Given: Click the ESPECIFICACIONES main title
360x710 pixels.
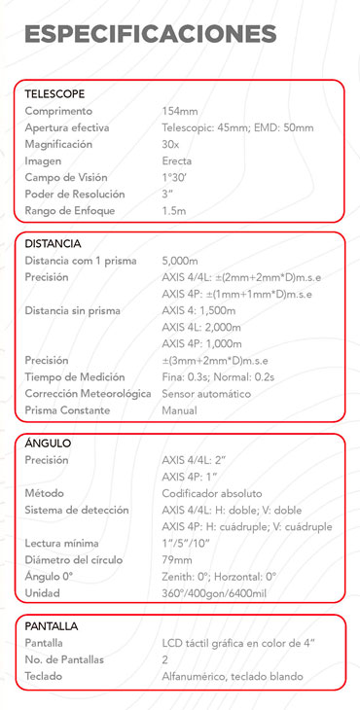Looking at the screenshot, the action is pos(150,34).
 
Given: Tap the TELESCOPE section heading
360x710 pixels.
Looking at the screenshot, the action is pos(54,93).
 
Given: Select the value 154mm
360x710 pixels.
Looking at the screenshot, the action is pos(179,111).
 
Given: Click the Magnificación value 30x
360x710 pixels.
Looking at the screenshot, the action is pos(171,144).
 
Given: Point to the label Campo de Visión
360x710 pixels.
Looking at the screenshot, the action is pos(65,177).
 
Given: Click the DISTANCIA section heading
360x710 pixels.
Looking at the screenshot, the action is pos(53,243).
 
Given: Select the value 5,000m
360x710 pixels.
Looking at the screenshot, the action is pos(180,261).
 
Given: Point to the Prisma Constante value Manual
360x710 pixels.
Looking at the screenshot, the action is pos(179,410).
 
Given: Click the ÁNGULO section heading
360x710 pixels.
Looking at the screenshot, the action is pos(48,444).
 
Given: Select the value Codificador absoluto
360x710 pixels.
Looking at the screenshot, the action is pos(211,494).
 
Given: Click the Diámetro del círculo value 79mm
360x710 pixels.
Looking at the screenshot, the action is pos(176,560).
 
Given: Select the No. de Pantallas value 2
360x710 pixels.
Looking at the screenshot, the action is pos(165,659).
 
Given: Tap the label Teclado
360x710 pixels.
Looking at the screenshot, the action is pos(44,676).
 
